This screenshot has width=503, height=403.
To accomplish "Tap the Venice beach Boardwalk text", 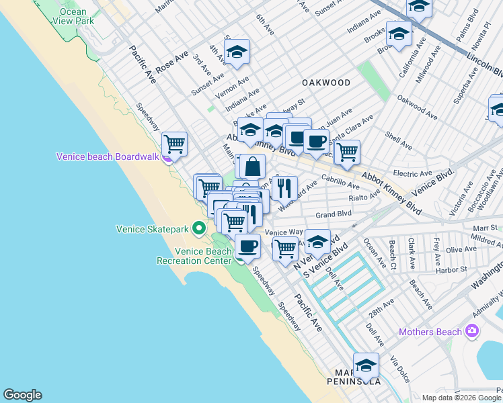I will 108,156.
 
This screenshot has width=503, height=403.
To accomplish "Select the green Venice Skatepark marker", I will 199,229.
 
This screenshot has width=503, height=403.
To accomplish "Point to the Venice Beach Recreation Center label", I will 194,256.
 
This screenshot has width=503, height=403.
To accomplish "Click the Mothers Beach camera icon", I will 472,331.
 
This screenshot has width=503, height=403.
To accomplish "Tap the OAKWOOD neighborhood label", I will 326,83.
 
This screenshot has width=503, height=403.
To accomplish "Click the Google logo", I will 22,395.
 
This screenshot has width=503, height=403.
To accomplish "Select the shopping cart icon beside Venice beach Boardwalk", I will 174,142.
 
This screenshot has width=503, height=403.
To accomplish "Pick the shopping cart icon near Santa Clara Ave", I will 347,151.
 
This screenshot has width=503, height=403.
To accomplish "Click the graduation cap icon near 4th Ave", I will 237,52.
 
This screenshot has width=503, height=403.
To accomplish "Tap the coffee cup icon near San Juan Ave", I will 315,140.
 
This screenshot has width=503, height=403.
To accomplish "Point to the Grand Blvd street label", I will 334,214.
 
